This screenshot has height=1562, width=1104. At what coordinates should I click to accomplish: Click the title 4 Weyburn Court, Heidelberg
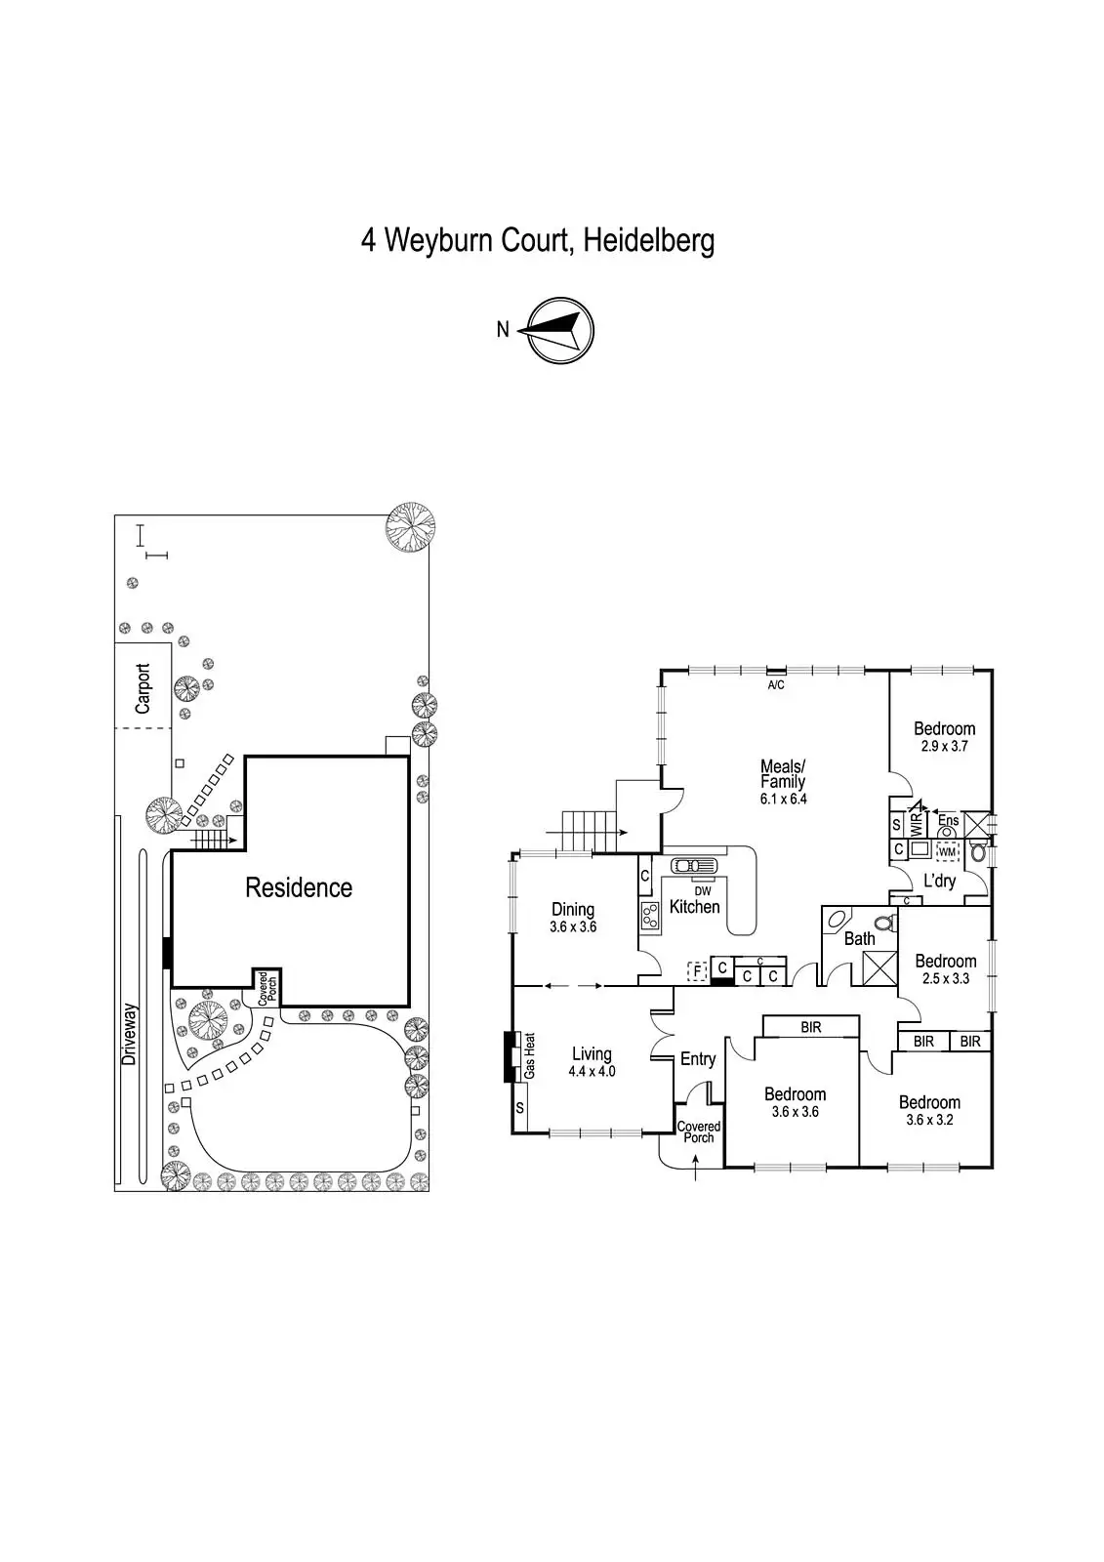pyautogui.click(x=538, y=240)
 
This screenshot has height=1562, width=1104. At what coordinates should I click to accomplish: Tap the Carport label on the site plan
pyautogui.click(x=143, y=687)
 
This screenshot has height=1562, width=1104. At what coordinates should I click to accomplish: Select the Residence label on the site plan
pyautogui.click(x=299, y=887)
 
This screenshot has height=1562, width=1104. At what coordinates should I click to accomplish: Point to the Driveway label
pyautogui.click(x=130, y=1034)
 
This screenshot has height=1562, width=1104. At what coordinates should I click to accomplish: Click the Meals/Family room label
pyautogui.click(x=783, y=773)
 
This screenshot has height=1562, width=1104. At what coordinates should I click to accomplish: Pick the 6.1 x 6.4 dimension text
pyautogui.click(x=784, y=799)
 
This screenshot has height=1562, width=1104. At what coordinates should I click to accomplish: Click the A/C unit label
pyautogui.click(x=776, y=685)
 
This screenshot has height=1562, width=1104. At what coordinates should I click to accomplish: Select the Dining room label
pyautogui.click(x=573, y=909)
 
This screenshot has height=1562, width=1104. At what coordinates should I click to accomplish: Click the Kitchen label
pyautogui.click(x=695, y=907)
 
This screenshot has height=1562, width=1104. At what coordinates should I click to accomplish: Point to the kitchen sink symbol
pyautogui.click(x=693, y=866)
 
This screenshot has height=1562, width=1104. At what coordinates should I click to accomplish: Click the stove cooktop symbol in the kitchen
pyautogui.click(x=650, y=915)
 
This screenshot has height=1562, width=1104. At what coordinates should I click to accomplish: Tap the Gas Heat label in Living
pyautogui.click(x=530, y=1055)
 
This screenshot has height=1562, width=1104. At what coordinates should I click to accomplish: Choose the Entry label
pyautogui.click(x=698, y=1059)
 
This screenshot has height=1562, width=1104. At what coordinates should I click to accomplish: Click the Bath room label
pyautogui.click(x=859, y=939)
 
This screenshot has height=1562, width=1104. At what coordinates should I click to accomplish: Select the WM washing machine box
pyautogui.click(x=946, y=852)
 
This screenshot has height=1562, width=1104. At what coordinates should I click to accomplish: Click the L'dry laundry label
pyautogui.click(x=939, y=882)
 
